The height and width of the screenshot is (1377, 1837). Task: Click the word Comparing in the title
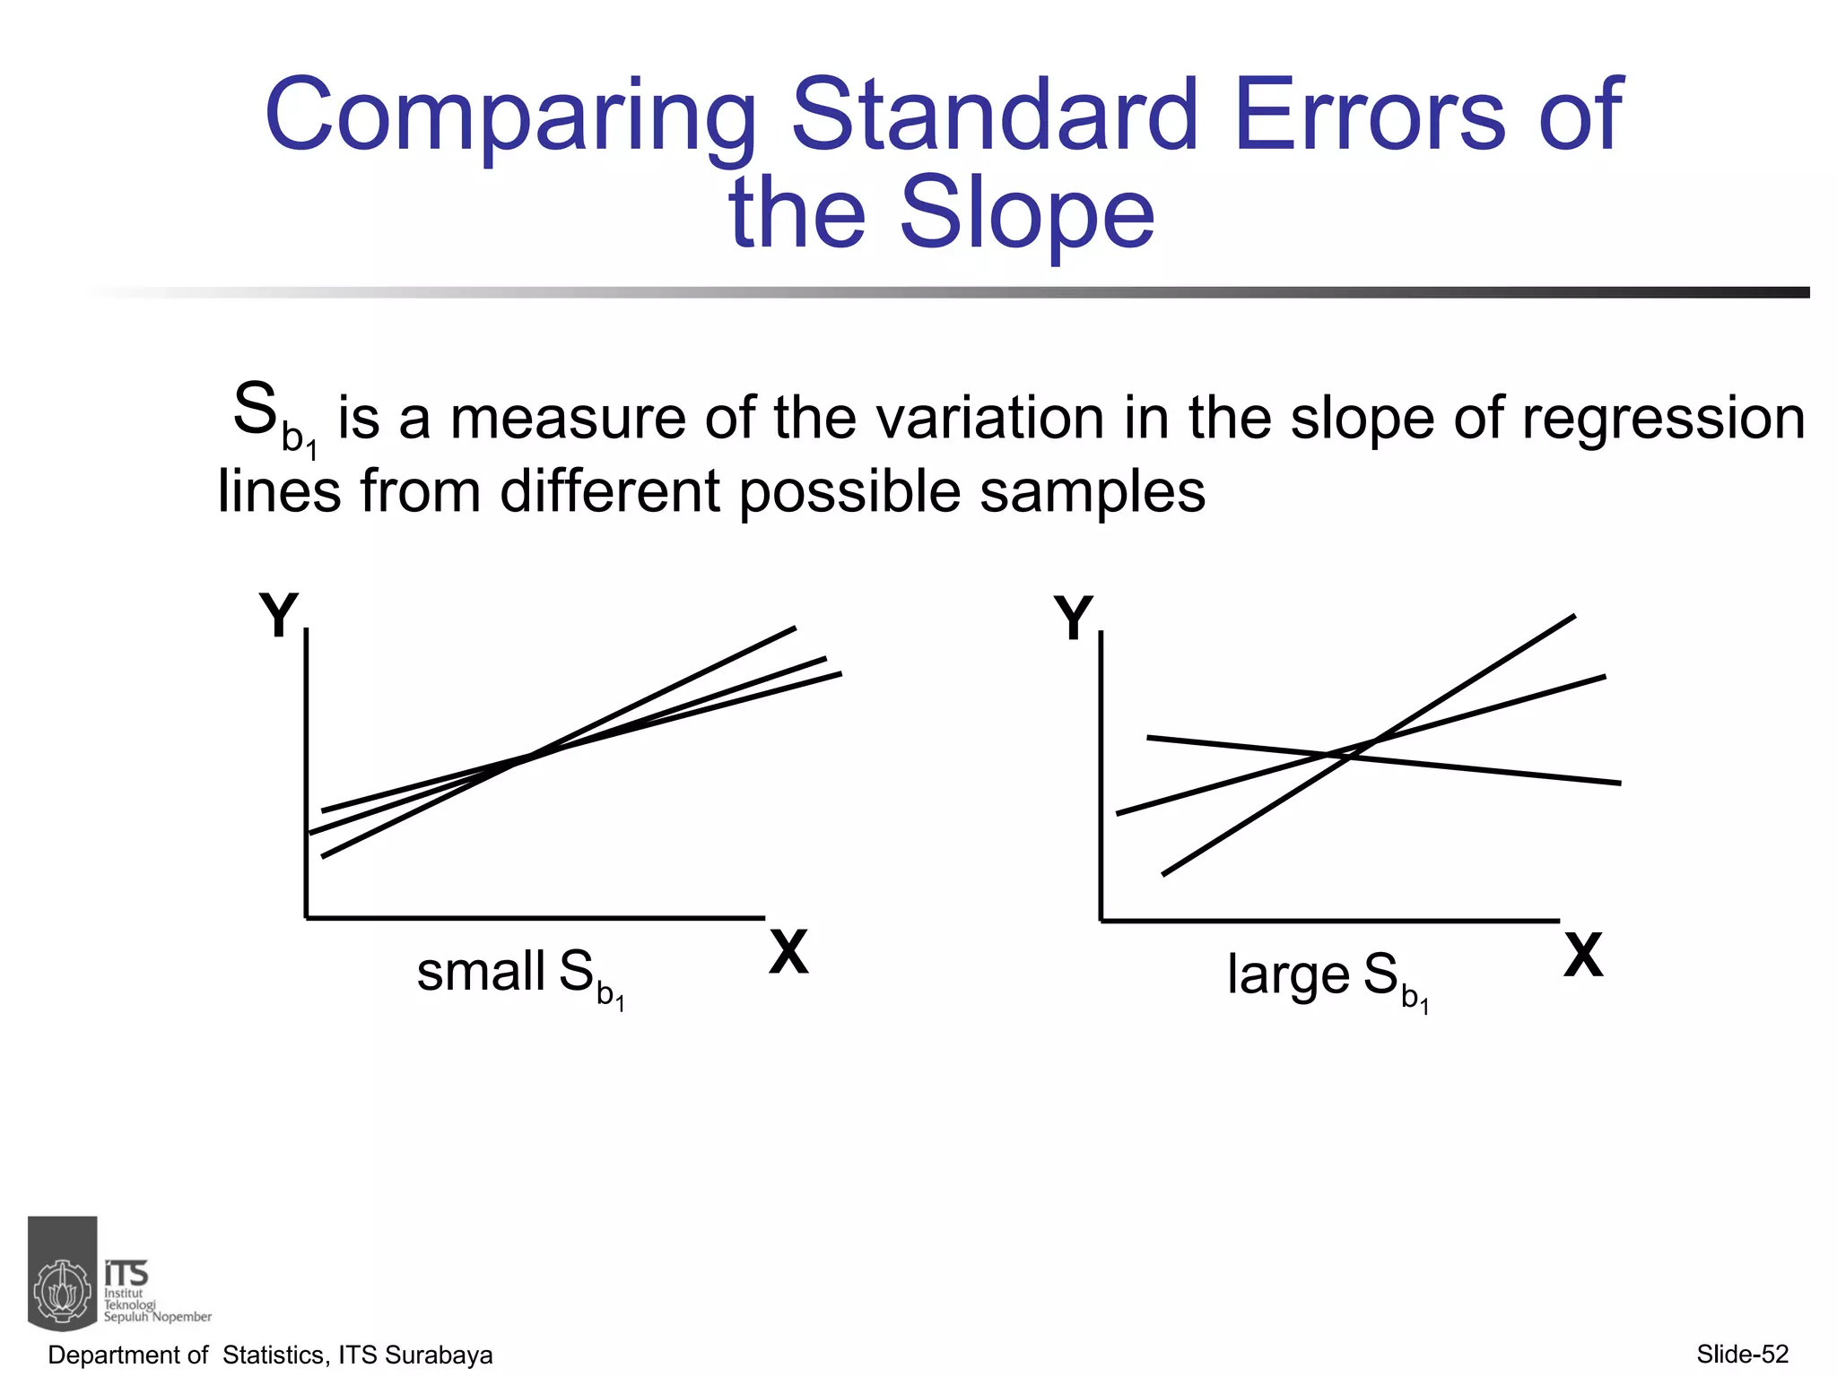[511, 117]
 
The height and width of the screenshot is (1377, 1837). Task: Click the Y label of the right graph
[1073, 618]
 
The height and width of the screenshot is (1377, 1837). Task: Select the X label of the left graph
[788, 952]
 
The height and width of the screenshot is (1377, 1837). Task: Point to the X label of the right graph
[1583, 956]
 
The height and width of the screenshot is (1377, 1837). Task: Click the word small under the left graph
[481, 972]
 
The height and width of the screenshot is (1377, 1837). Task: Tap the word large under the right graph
[1288, 975]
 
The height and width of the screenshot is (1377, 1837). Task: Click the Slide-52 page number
[1743, 1354]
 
